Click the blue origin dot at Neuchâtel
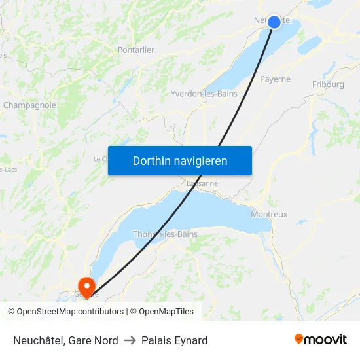click(274, 22)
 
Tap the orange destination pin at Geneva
click(86, 285)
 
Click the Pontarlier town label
click(136, 50)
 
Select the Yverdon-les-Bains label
click(204, 94)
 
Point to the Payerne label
click(275, 79)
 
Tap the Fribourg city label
click(328, 84)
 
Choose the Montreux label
click(269, 214)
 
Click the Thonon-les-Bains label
click(165, 234)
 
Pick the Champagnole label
click(29, 105)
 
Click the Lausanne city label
click(202, 184)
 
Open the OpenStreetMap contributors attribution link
click(70, 312)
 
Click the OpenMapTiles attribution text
click(166, 312)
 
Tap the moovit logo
click(321, 340)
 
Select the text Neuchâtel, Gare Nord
click(65, 340)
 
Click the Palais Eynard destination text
click(175, 340)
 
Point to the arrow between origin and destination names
click(130, 340)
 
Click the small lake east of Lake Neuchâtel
click(309, 45)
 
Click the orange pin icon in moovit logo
click(298, 339)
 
